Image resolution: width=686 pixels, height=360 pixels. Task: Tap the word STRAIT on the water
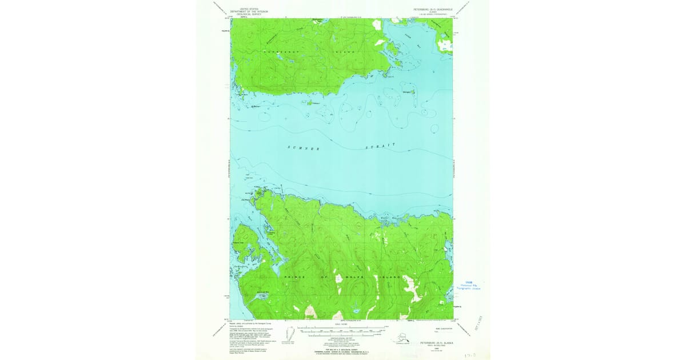[x=380, y=146]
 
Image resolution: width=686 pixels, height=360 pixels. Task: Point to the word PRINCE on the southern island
[x=294, y=277]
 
